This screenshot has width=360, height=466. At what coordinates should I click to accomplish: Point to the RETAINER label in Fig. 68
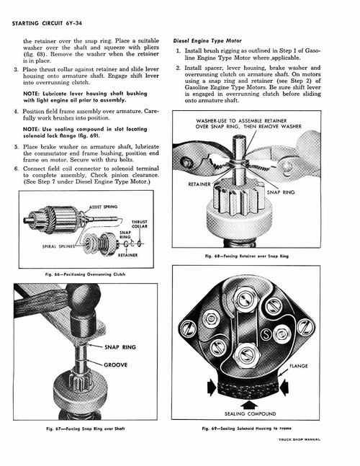[199, 184]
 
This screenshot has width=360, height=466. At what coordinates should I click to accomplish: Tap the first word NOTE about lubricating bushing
[32, 94]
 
